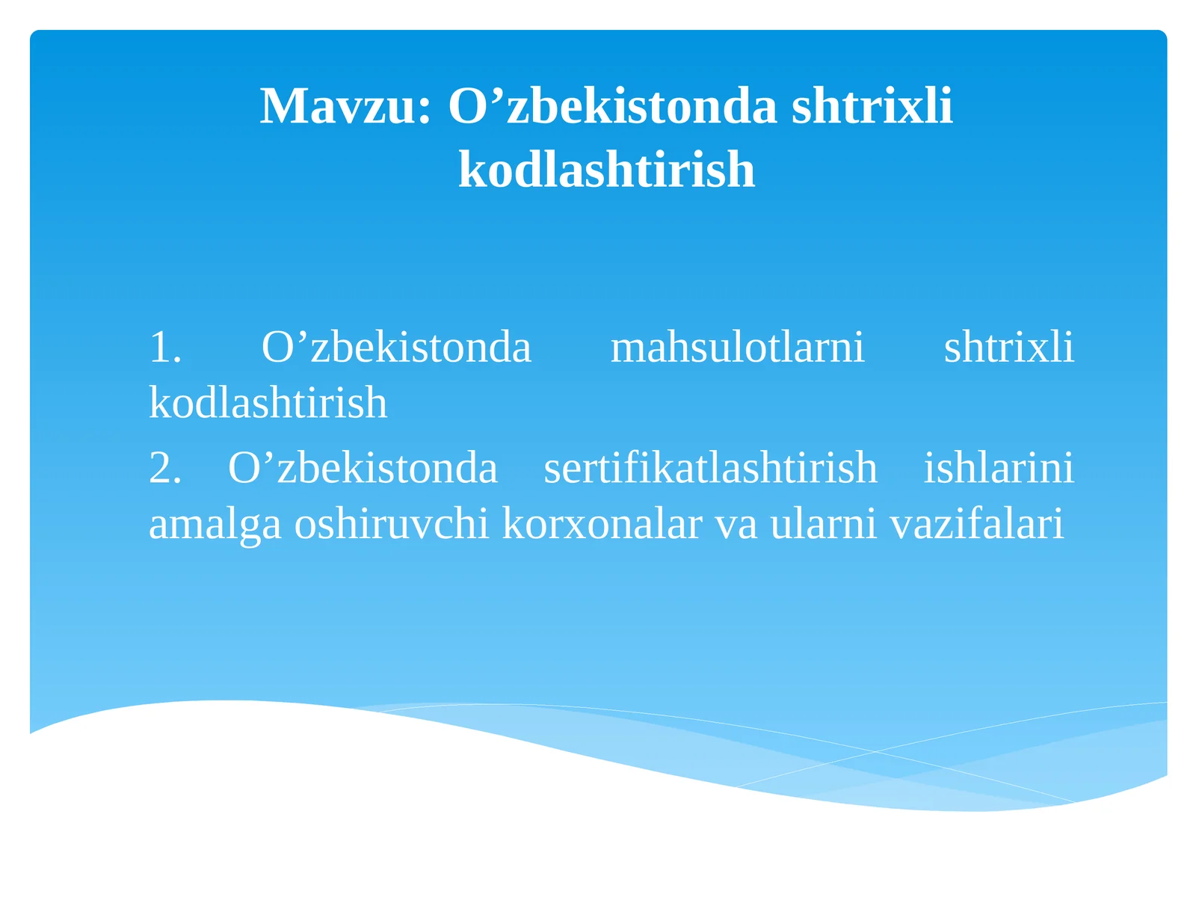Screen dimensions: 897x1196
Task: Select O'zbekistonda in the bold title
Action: coord(613,106)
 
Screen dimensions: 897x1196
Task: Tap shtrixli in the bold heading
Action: coord(872,106)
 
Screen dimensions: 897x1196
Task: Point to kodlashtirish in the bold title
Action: coord(606,170)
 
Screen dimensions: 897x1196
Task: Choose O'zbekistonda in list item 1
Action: coord(396,348)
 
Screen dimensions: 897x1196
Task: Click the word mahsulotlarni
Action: coord(737,348)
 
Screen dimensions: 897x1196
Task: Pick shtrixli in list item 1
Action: coord(1008,348)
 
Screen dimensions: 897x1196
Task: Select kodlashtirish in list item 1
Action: coord(268,403)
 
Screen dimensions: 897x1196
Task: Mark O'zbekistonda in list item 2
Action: coord(363,469)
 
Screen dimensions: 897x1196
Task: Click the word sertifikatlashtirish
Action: coord(710,469)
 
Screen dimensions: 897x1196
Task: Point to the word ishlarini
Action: coord(999,469)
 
